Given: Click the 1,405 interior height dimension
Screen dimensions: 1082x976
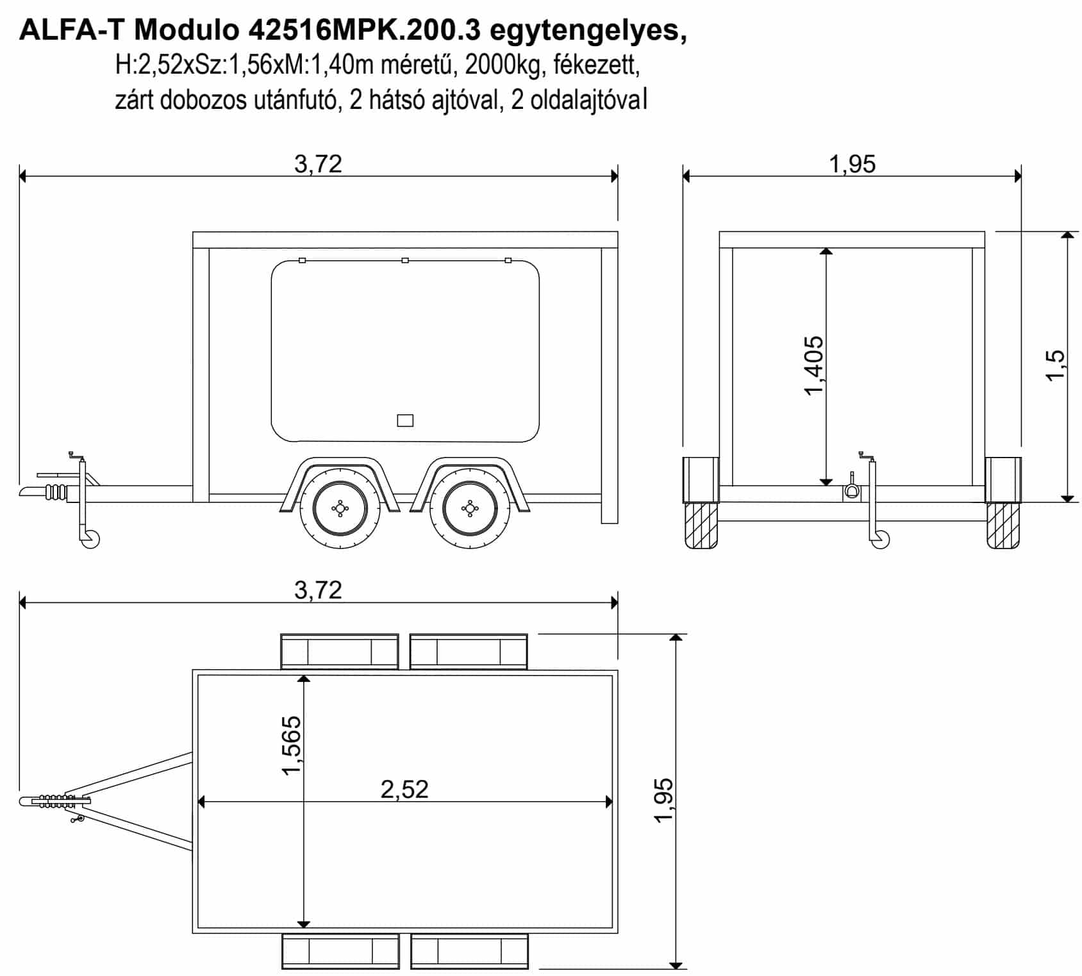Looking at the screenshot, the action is pos(813,365).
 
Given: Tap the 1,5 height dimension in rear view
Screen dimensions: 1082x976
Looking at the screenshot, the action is pos(1054,365).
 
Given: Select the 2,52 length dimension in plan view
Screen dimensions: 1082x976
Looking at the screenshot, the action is pos(404,789).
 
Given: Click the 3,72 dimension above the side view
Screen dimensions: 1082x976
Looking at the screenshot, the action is pos(318,164).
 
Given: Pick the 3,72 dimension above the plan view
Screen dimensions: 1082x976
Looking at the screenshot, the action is pos(318,590).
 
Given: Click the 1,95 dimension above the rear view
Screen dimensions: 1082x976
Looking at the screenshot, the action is pos(852,164).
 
